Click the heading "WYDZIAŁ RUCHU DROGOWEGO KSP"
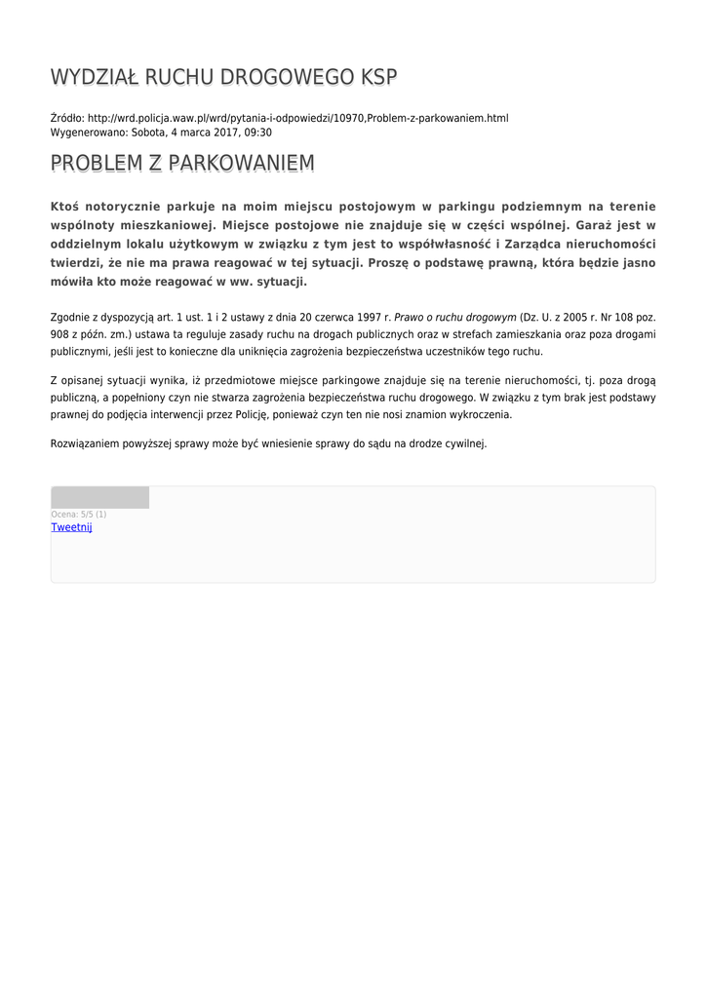224,78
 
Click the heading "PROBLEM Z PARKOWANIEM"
182,164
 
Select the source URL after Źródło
297,118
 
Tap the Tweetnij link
71,527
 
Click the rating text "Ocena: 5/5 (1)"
79,514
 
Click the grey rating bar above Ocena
99,498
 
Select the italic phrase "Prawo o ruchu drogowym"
455,318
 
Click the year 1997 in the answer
370,318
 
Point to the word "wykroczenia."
478,414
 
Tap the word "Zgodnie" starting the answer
70,318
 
